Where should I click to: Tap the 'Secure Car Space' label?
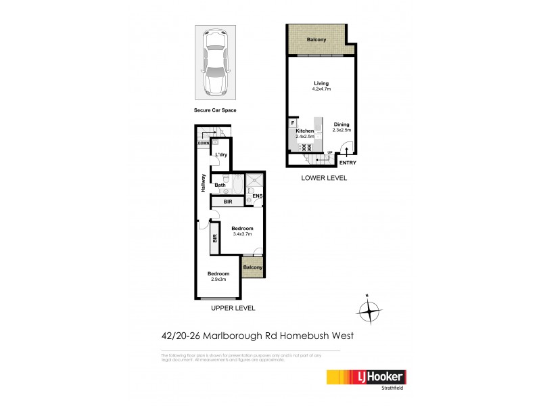pyautogui.click(x=214, y=109)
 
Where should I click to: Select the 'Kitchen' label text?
pyautogui.click(x=304, y=131)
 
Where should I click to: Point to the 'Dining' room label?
pyautogui.click(x=342, y=125)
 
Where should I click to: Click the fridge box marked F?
pyautogui.click(x=293, y=123)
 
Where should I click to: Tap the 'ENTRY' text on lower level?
pyautogui.click(x=347, y=162)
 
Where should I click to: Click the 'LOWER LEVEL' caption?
pyautogui.click(x=325, y=178)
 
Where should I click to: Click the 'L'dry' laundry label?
pyautogui.click(x=221, y=156)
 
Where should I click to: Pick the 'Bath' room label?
pyautogui.click(x=220, y=185)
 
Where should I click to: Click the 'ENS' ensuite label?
pyautogui.click(x=257, y=197)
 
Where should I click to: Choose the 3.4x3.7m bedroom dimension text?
pyautogui.click(x=242, y=234)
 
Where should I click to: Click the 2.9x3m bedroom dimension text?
pyautogui.click(x=218, y=279)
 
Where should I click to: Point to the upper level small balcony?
pyautogui.click(x=252, y=267)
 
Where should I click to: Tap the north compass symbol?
pyautogui.click(x=369, y=311)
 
